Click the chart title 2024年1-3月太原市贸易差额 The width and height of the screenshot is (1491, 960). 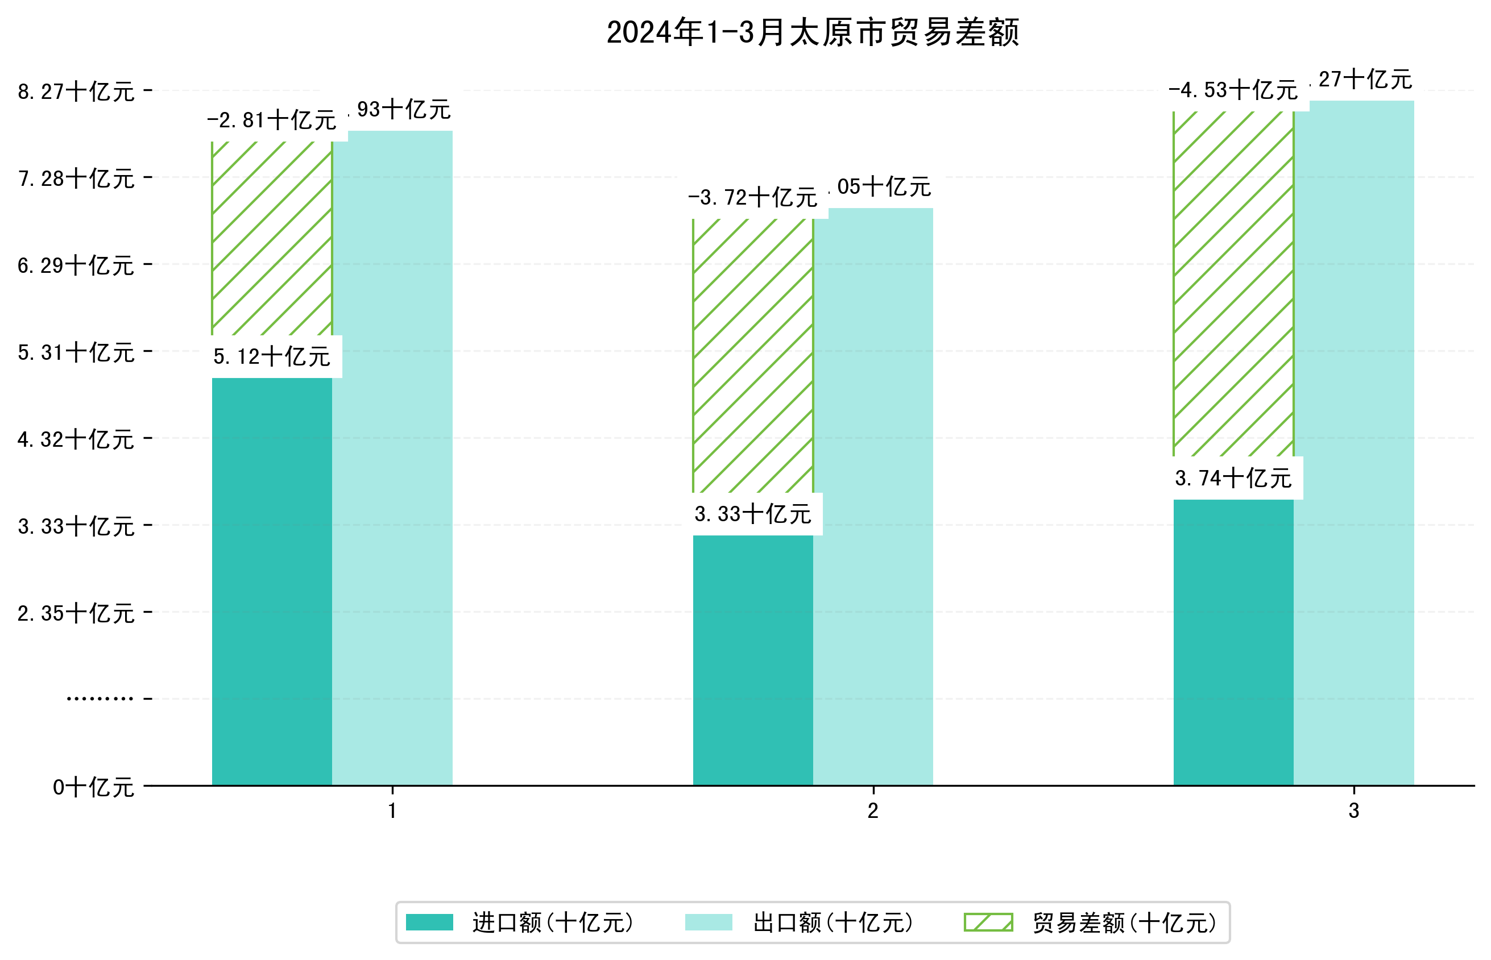(x=812, y=32)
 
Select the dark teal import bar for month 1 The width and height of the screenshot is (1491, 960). (x=272, y=580)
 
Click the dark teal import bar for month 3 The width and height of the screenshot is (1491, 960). (x=1233, y=642)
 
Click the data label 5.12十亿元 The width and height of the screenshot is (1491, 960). (x=272, y=356)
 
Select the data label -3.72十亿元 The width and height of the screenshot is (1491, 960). (x=752, y=198)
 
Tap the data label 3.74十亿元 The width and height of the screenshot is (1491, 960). (x=1233, y=478)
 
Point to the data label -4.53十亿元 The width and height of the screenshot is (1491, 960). (x=1233, y=90)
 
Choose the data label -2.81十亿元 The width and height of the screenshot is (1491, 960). (x=272, y=120)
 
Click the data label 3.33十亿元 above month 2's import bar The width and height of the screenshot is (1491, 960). (x=753, y=514)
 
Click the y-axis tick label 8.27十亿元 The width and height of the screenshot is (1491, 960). (x=76, y=92)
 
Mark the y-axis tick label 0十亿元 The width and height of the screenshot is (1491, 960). (x=93, y=787)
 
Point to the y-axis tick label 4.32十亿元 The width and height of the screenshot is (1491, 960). (x=76, y=439)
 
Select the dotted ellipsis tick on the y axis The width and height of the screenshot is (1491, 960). (x=100, y=698)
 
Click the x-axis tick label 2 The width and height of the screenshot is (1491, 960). (x=873, y=811)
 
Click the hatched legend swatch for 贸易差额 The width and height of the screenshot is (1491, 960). (x=988, y=922)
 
